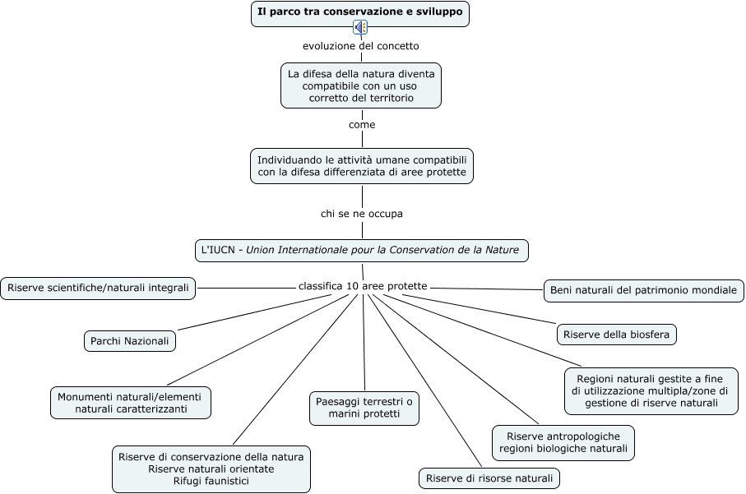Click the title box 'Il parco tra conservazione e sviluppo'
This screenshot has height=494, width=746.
pos(361,12)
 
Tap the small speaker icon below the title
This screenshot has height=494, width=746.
pos(361,28)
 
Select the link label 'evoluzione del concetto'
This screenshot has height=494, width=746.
pos(361,46)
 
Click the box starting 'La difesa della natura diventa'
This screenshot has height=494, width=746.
pos(361,85)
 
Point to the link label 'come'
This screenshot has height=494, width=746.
pos(362,125)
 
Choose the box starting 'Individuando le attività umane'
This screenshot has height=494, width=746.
pos(362,166)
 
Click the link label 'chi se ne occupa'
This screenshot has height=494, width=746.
pos(362,214)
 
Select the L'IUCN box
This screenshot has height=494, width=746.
pos(361,250)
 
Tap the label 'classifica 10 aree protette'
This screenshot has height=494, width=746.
pos(363,286)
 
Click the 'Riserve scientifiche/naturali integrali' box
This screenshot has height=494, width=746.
pos(99,288)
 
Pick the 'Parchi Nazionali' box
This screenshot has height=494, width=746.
pos(130,340)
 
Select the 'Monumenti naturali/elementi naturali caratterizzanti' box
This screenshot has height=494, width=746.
pos(131,402)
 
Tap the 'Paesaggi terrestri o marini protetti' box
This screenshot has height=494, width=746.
pos(364,408)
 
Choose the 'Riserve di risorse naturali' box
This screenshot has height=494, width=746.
pos(489,478)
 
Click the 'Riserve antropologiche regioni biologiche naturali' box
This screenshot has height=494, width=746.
pos(563,442)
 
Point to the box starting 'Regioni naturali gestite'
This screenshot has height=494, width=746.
pos(651,390)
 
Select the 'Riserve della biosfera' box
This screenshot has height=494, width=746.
pos(617,334)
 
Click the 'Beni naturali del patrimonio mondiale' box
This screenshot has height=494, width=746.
pos(644,290)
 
